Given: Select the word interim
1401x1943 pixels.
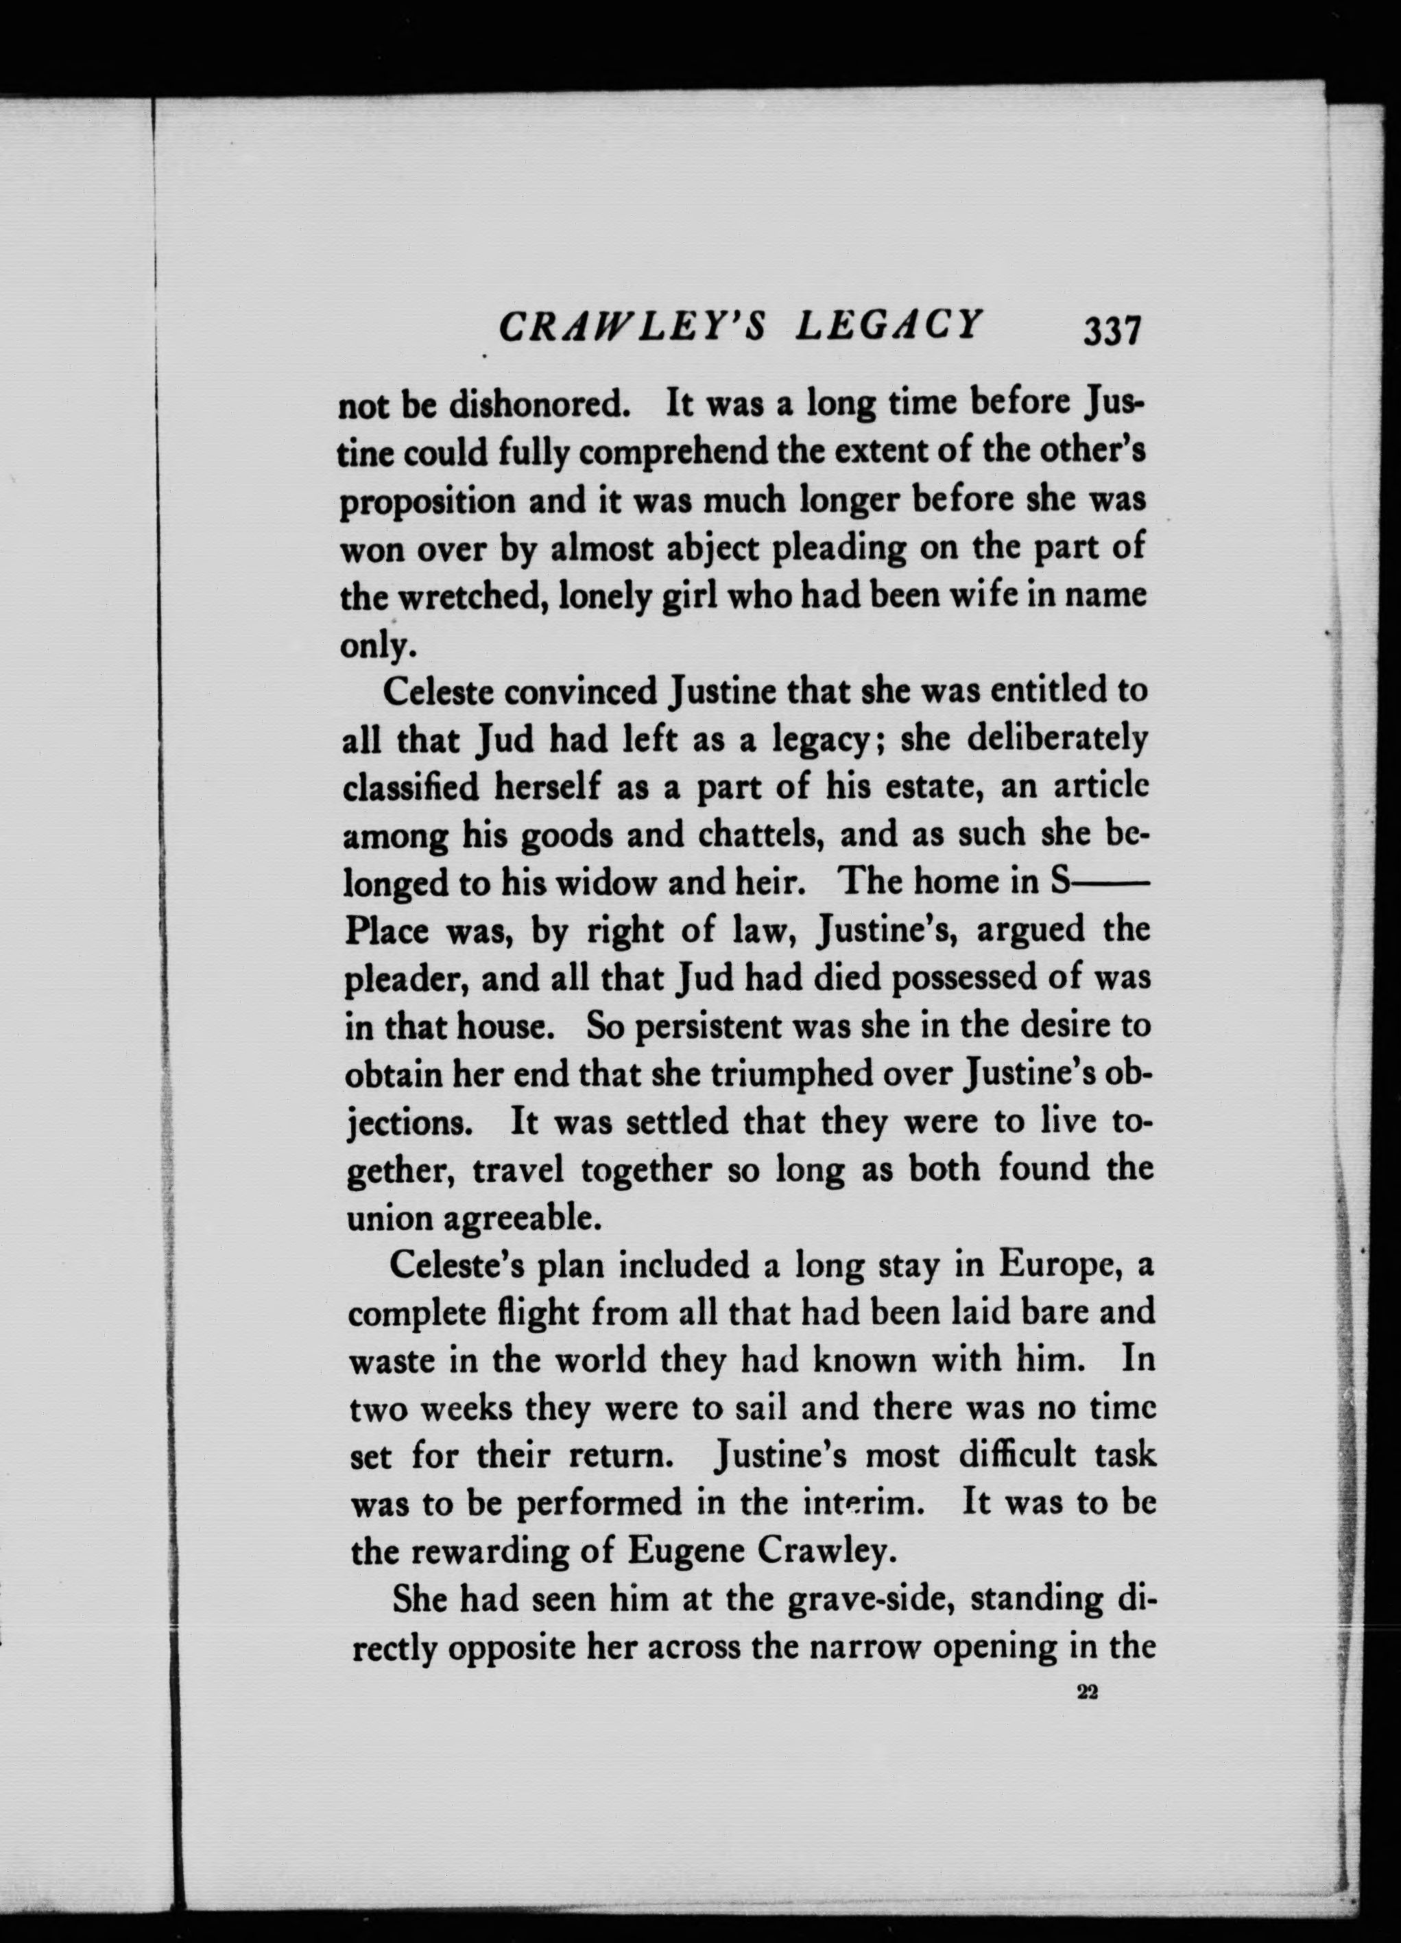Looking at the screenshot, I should (864, 1503).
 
